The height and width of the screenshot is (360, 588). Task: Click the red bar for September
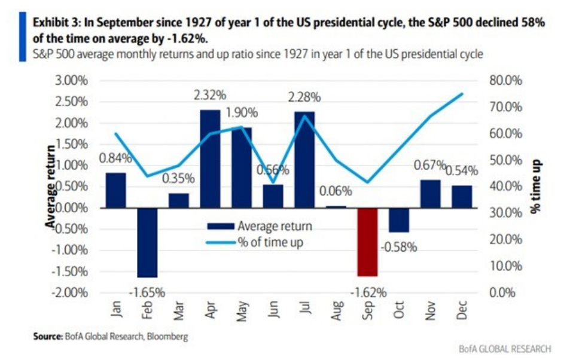tap(367, 242)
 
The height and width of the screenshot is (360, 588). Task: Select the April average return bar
tap(209, 158)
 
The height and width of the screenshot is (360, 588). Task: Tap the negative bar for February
tap(147, 242)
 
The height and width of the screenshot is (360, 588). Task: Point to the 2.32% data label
tap(209, 94)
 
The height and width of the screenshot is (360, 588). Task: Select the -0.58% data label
tap(398, 247)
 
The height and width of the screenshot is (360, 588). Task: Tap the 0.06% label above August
tap(336, 192)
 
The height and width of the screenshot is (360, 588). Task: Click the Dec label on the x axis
tap(462, 309)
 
